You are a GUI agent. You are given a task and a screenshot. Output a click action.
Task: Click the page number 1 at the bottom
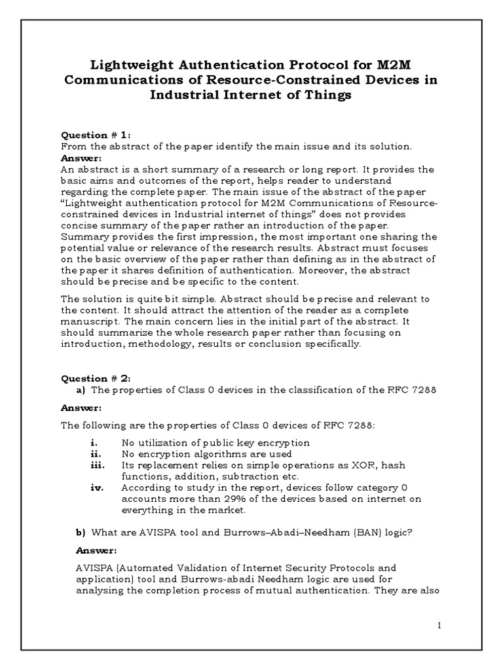pos(440,626)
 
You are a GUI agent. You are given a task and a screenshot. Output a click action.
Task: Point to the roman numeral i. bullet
pos(93,443)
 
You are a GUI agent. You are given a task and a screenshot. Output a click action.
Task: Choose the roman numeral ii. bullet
pos(94,453)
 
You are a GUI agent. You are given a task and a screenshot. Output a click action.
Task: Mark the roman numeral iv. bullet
pos(96,487)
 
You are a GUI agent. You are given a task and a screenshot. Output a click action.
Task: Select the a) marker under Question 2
pos(81,390)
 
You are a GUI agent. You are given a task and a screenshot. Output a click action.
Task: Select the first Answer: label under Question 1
pos(81,158)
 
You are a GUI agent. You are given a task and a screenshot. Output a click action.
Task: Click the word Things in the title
pos(329,95)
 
